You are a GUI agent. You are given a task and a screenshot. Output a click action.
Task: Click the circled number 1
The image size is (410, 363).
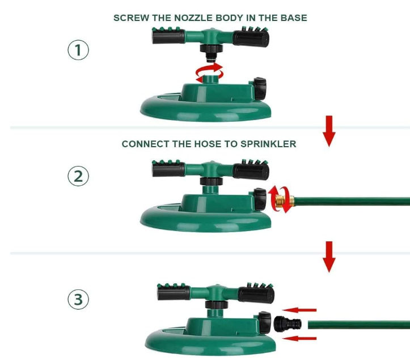pyautogui.click(x=78, y=50)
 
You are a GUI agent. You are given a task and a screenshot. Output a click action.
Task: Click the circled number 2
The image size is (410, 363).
pyautogui.click(x=78, y=176)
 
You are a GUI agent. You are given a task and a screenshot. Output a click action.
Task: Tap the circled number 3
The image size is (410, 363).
pyautogui.click(x=78, y=299)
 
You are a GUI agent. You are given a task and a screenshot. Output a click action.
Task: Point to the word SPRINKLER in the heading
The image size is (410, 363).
pyautogui.click(x=268, y=144)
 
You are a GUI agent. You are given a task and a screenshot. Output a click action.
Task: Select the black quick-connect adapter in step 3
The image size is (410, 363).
pyautogui.click(x=287, y=324)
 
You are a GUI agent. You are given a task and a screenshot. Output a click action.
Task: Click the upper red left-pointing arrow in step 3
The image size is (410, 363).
pyautogui.click(x=299, y=310)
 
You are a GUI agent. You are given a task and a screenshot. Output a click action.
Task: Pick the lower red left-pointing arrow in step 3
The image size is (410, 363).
pyautogui.click(x=299, y=339)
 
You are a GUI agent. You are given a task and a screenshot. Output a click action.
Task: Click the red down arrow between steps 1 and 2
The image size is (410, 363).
pyautogui.click(x=329, y=131)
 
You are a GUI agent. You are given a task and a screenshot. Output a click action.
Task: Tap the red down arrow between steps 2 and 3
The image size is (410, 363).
pyautogui.click(x=329, y=257)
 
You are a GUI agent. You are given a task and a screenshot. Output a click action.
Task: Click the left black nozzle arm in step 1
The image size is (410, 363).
pyautogui.click(x=168, y=37)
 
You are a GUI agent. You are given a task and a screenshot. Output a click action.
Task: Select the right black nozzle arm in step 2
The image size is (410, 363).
pyautogui.click(x=251, y=171)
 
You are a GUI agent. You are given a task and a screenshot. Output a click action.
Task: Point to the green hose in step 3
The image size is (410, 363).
pyautogui.click(x=359, y=325)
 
